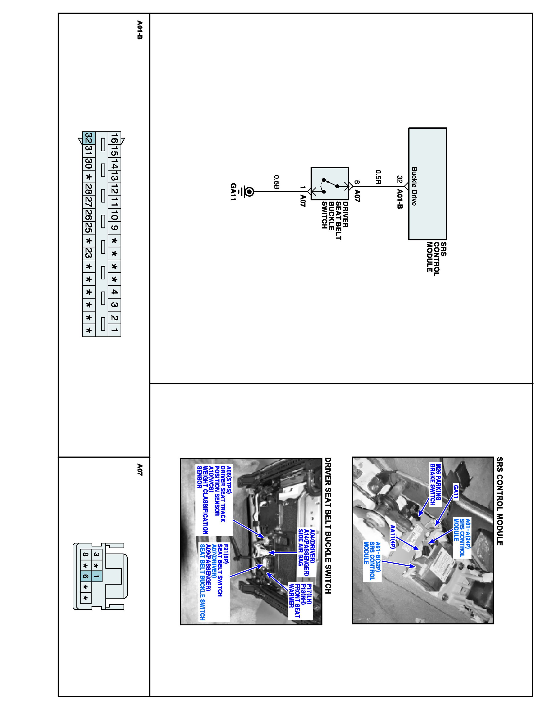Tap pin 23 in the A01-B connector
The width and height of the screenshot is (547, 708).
[88, 253]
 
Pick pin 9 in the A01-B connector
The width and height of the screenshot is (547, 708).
[114, 228]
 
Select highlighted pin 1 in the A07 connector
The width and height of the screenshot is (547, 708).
[96, 576]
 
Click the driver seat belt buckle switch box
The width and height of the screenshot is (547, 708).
[330, 183]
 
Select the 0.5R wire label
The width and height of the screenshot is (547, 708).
[378, 178]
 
